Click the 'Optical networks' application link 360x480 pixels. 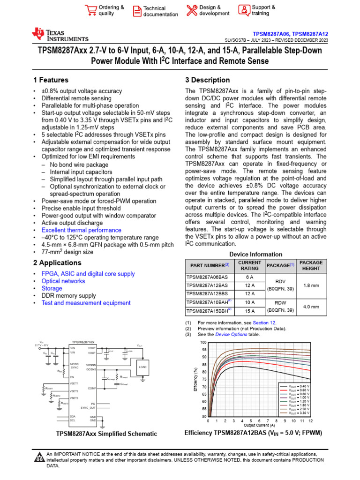[x=63, y=281]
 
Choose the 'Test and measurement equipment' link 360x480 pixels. [x=86, y=303]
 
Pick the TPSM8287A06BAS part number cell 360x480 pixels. [x=208, y=277]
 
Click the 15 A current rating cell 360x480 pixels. [x=250, y=310]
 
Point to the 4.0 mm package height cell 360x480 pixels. [x=311, y=307]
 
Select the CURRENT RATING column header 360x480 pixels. [x=250, y=266]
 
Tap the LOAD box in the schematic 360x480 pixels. [x=142, y=367]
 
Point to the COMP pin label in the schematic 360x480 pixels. [x=92, y=388]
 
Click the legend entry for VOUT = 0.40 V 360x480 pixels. [x=293, y=386]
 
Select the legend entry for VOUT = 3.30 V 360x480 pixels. [x=293, y=413]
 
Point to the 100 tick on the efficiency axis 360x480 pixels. [x=203, y=343]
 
